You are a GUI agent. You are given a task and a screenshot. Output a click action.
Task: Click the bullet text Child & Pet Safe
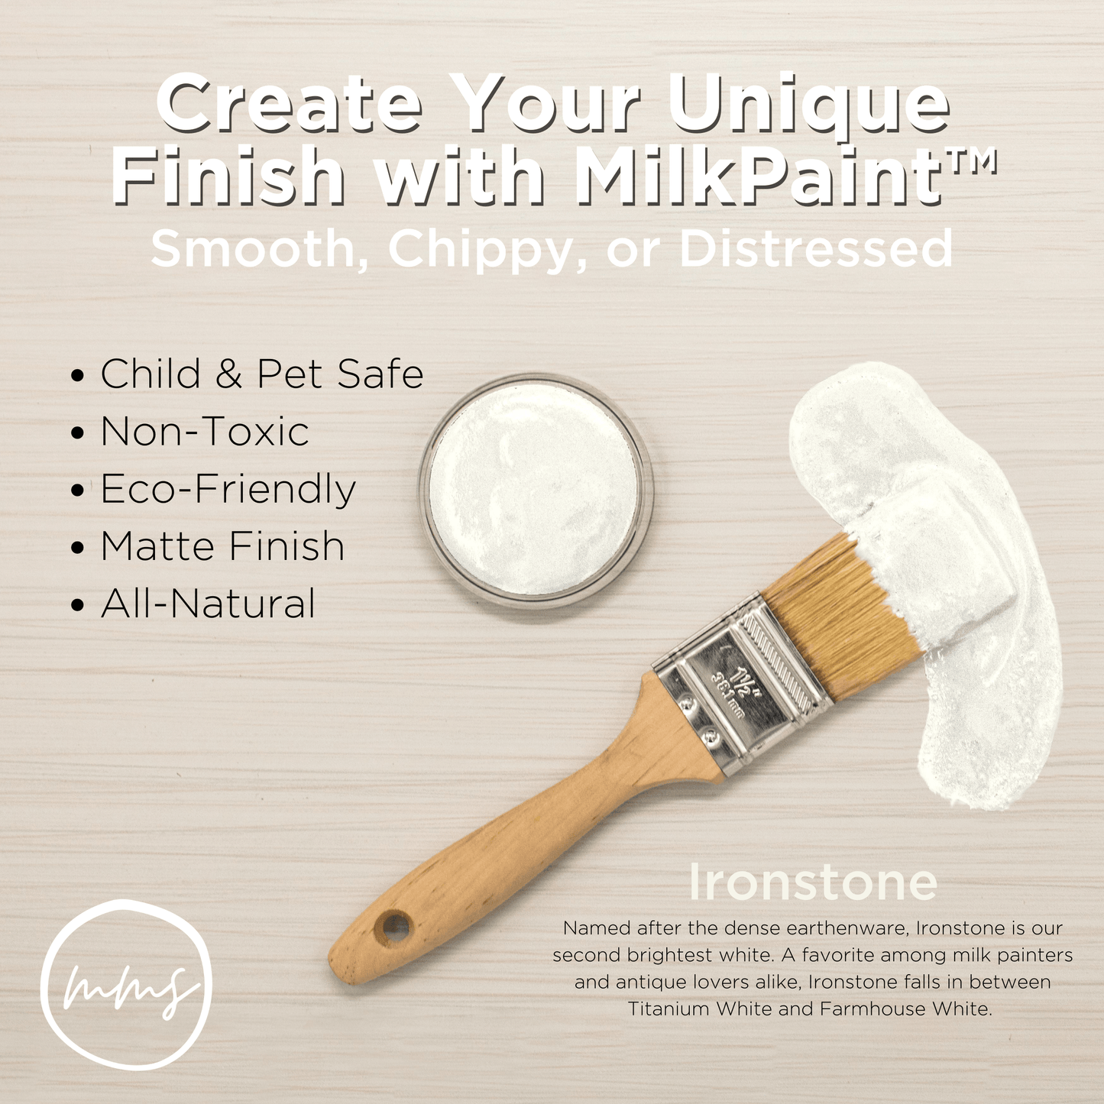pyautogui.click(x=261, y=374)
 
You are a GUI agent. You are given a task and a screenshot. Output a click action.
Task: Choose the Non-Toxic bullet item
pyautogui.click(x=204, y=432)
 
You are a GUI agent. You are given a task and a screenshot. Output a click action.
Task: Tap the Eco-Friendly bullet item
pyautogui.click(x=228, y=490)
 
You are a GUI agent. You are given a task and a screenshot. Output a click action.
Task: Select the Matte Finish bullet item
pyautogui.click(x=222, y=546)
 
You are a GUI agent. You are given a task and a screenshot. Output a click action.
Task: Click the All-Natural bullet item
pyautogui.click(x=208, y=604)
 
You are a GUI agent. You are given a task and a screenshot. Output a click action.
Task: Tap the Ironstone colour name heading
pyautogui.click(x=812, y=882)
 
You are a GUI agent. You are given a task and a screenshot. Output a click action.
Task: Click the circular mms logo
pyautogui.click(x=126, y=986)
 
